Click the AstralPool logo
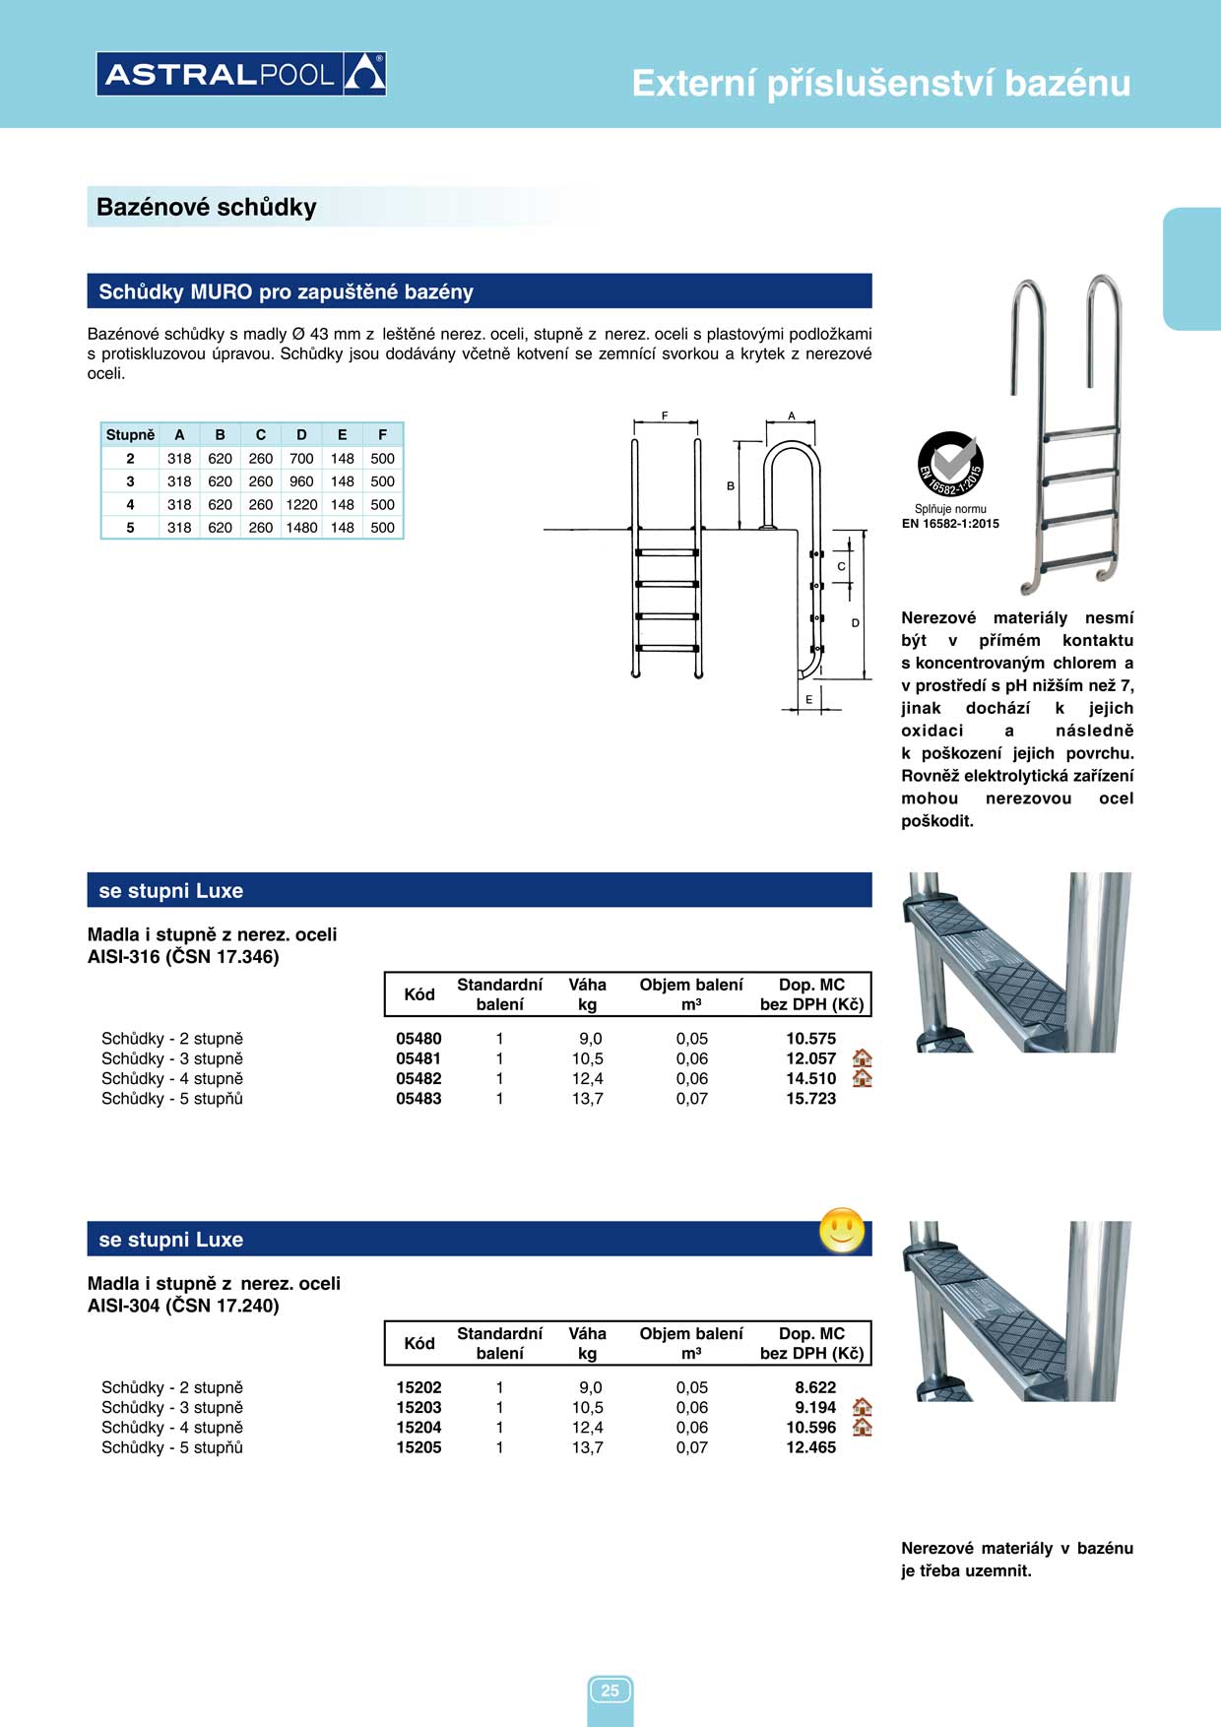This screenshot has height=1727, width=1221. (x=241, y=74)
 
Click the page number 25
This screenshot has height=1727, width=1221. (x=610, y=1691)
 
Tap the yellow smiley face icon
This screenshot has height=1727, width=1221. (x=842, y=1231)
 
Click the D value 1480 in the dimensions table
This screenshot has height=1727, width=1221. (x=301, y=528)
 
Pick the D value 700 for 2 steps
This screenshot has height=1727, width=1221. (x=301, y=459)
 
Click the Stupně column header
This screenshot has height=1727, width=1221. (x=130, y=435)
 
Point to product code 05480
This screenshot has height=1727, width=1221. (x=418, y=1039)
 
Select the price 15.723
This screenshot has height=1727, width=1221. (x=810, y=1099)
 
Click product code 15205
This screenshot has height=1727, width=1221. (x=418, y=1447)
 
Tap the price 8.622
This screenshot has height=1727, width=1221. (x=815, y=1387)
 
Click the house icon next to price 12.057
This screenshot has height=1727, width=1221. (x=862, y=1058)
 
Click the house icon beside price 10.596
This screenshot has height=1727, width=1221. (x=862, y=1428)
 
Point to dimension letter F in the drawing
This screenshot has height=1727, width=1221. (x=665, y=416)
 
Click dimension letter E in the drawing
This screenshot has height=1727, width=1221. (x=809, y=700)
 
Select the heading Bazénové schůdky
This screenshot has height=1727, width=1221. (x=207, y=208)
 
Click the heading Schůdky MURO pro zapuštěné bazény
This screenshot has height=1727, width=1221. (x=287, y=292)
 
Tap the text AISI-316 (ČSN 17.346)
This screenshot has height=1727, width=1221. (x=183, y=957)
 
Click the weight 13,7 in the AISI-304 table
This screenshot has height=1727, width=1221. (x=588, y=1447)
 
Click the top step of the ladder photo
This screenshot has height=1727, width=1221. (x=1081, y=431)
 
